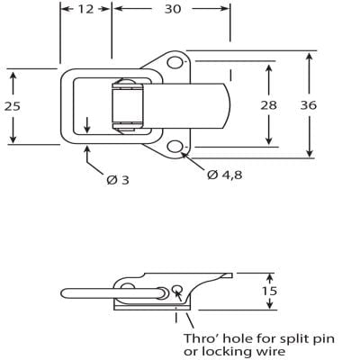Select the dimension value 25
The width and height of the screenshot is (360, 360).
point(13,105)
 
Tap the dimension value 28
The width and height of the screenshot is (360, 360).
point(269,105)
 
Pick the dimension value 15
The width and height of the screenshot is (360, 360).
point(269,291)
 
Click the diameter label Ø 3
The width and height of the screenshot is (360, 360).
point(118,180)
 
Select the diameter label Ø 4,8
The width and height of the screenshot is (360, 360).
point(225,174)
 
